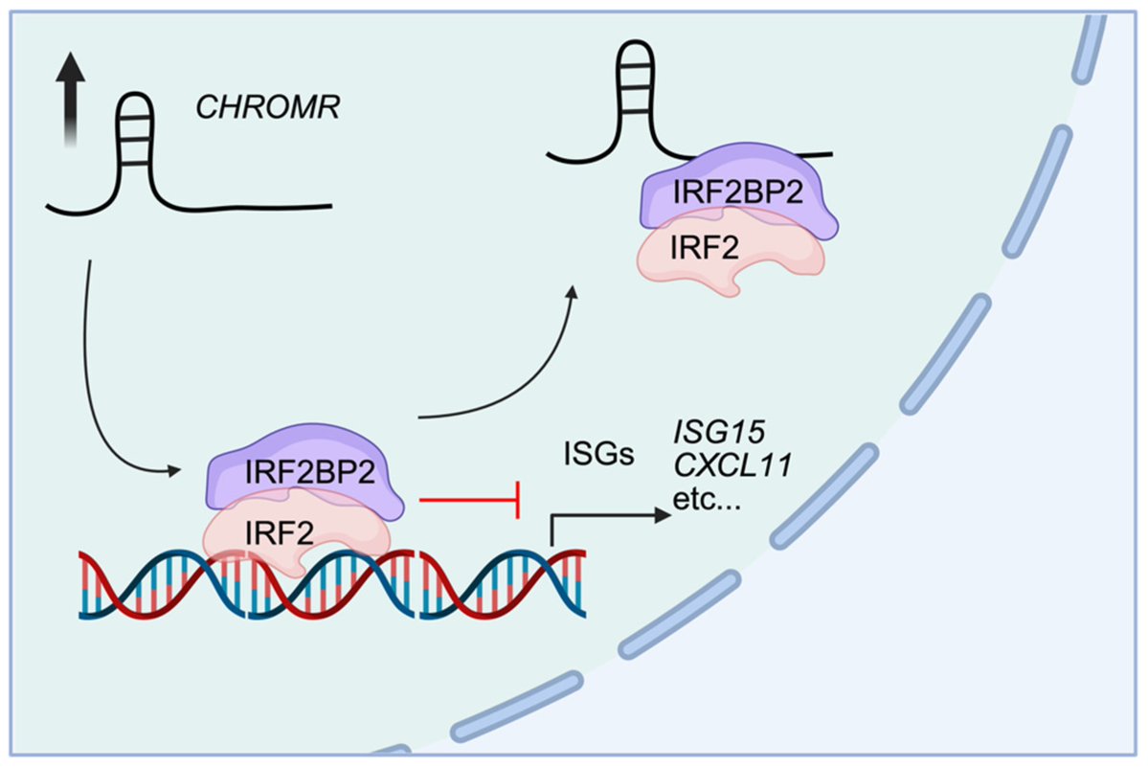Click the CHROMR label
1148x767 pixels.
[268, 106]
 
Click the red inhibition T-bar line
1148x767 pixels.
[469, 498]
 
